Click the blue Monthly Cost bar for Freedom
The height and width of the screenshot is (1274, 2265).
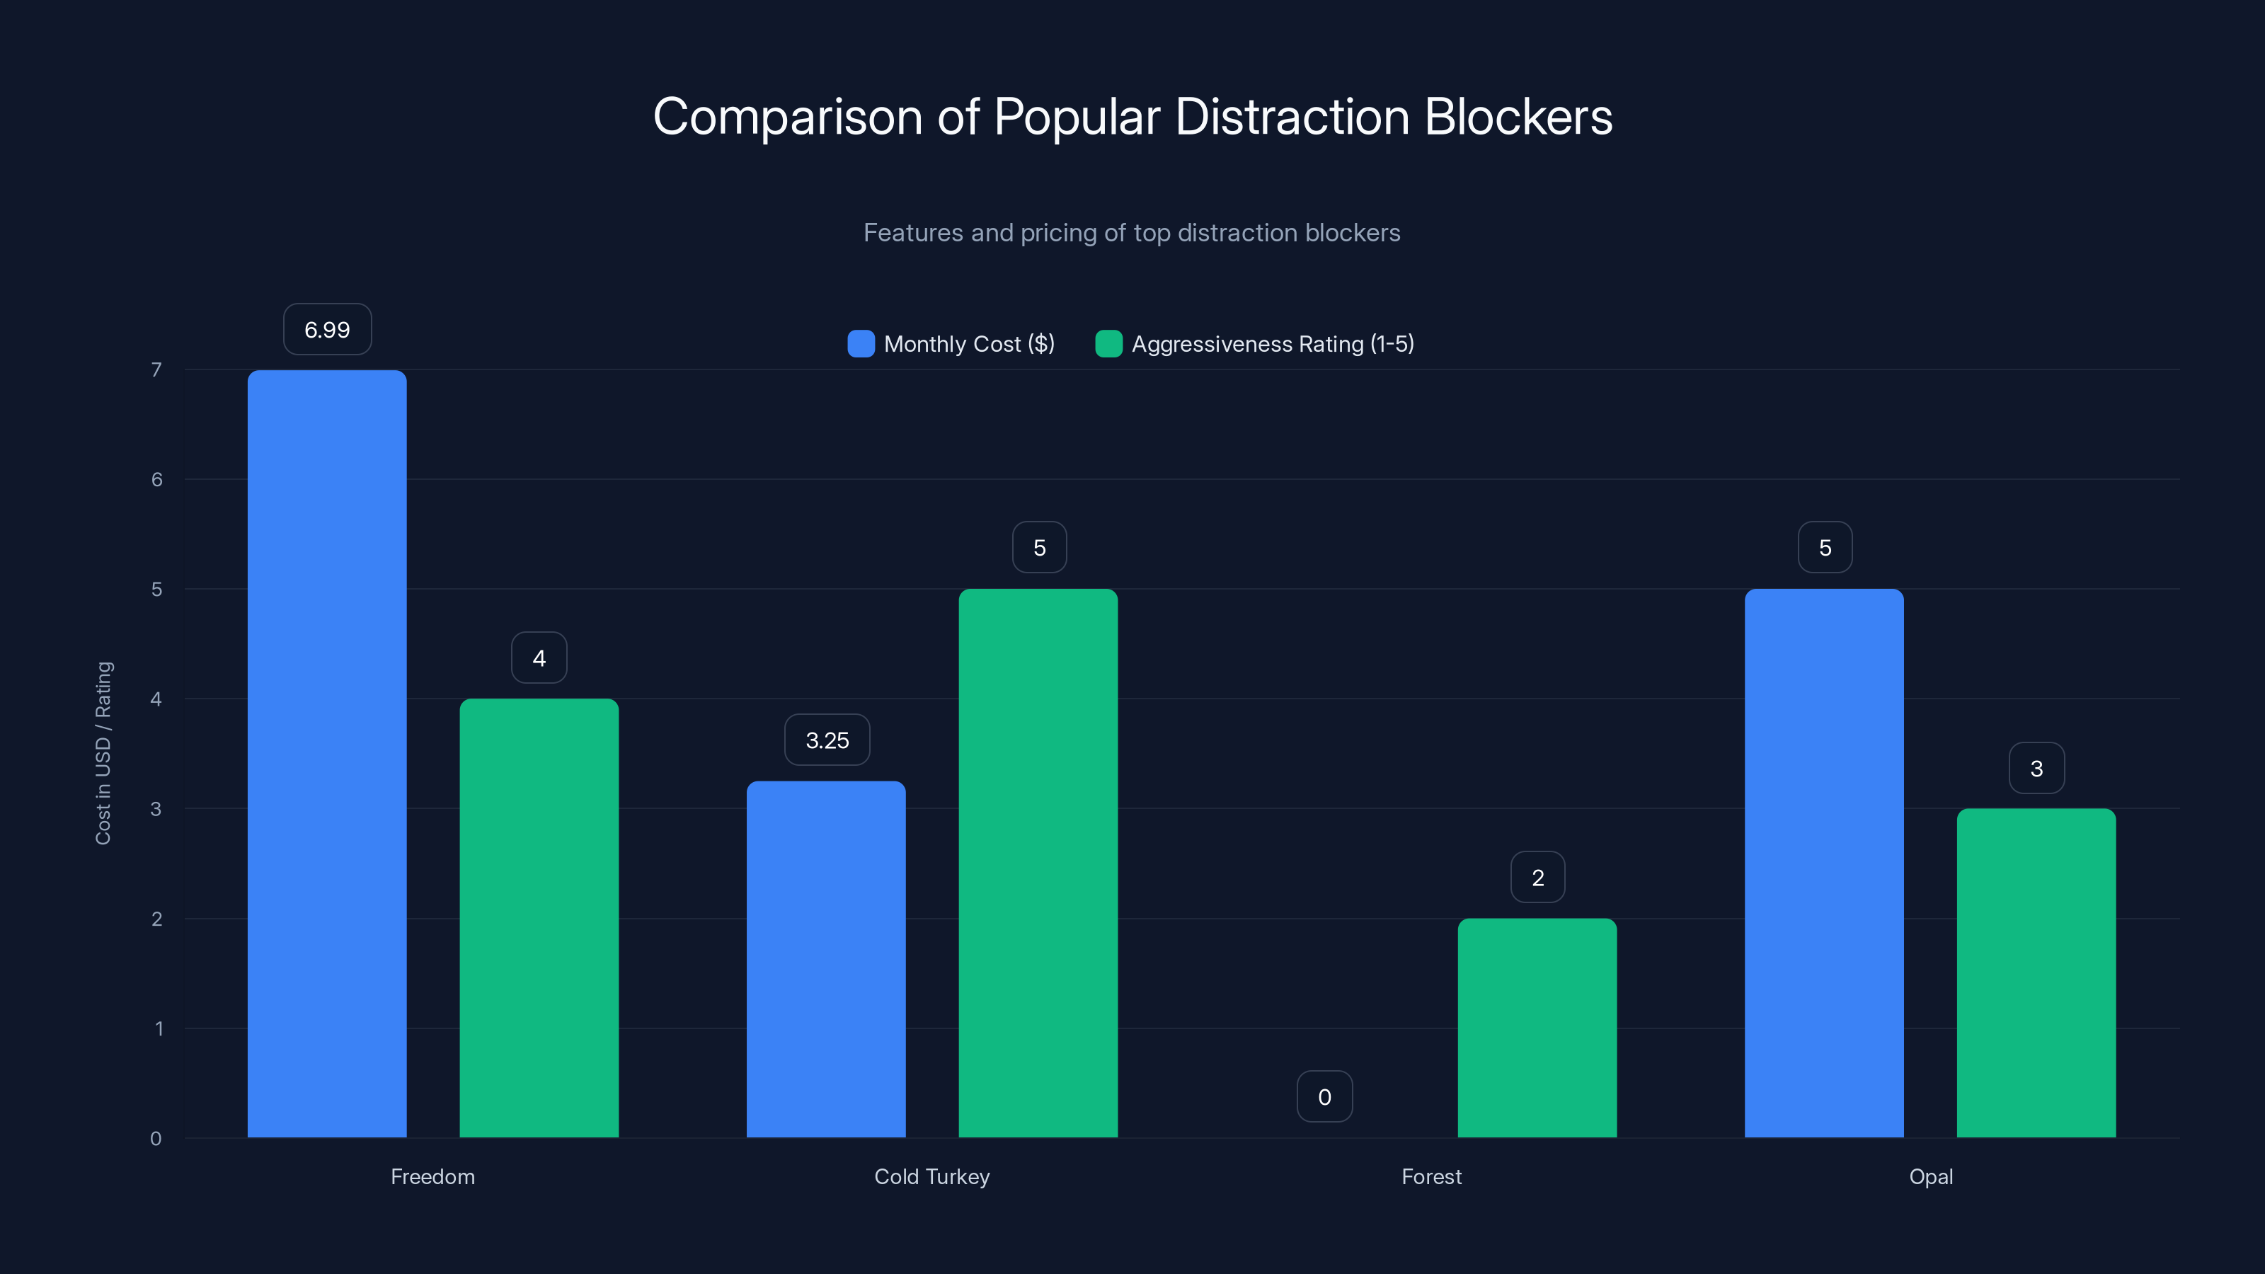(326, 754)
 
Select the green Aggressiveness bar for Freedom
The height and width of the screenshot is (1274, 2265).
(539, 918)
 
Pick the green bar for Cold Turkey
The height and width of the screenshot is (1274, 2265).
(1038, 863)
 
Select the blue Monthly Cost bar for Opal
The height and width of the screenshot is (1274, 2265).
(1823, 863)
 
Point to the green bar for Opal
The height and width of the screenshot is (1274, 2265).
(2036, 972)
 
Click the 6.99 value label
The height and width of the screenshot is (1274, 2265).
(327, 330)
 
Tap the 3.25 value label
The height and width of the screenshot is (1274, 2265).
(827, 740)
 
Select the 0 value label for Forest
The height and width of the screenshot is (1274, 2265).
(1324, 1096)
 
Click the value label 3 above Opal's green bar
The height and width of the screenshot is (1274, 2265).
(2036, 769)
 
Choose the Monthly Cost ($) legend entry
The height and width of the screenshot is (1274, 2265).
(951, 344)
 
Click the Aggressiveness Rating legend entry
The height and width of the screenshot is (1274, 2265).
(1255, 344)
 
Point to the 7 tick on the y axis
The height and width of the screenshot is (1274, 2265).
(156, 369)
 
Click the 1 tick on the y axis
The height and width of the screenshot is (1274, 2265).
(159, 1028)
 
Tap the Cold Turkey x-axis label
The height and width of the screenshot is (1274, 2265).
(932, 1176)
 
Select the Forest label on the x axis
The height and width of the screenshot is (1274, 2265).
(1431, 1176)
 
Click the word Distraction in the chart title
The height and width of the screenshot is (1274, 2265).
(1292, 117)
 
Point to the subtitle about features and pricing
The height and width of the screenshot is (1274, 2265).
(1132, 232)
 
